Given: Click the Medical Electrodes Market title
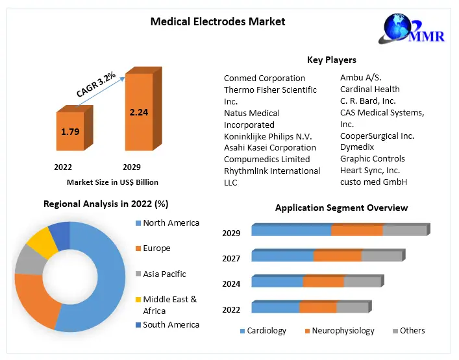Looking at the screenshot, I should click(x=217, y=21).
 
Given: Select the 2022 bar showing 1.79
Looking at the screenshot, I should click(x=70, y=131).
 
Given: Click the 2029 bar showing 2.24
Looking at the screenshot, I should click(x=138, y=112).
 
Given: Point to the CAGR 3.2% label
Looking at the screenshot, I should click(x=96, y=84).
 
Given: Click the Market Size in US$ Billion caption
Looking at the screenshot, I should click(x=112, y=182).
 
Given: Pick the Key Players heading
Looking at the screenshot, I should click(x=331, y=60).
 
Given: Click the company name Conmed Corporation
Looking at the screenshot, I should click(x=264, y=78).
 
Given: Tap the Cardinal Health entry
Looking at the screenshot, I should click(x=369, y=90).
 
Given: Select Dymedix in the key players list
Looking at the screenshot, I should click(x=358, y=147).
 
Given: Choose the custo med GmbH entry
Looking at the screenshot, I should click(x=373, y=182).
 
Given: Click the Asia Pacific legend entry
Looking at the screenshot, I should click(x=164, y=274).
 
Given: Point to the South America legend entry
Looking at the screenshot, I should click(x=171, y=325).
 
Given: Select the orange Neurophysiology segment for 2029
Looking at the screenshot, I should click(x=356, y=230).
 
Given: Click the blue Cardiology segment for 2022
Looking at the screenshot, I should click(x=275, y=307).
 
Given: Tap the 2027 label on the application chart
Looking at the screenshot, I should click(x=231, y=259).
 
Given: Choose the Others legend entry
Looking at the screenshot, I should click(x=412, y=331).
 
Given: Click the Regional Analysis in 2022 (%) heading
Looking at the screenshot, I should click(x=106, y=204).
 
